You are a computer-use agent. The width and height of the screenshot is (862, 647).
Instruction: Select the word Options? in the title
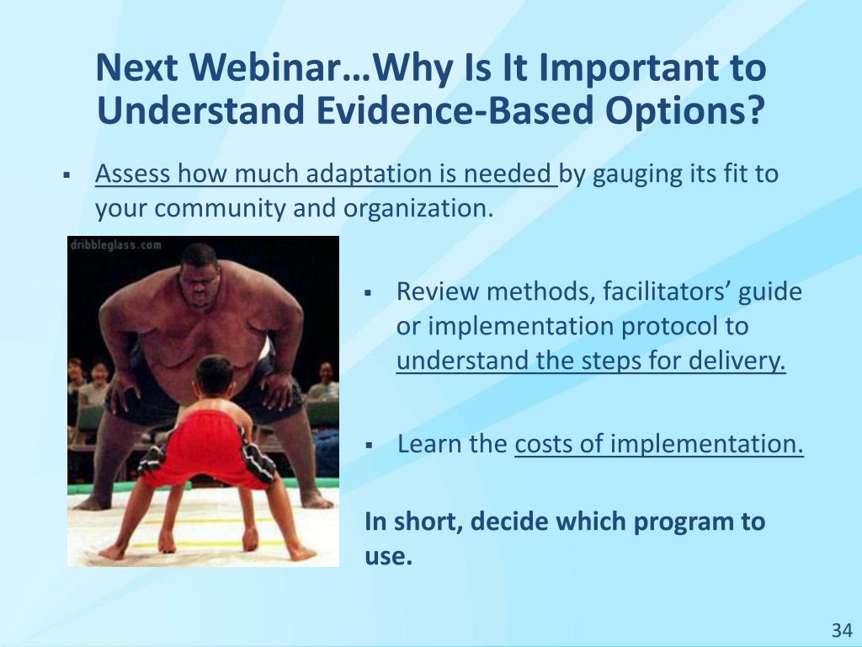click(685, 111)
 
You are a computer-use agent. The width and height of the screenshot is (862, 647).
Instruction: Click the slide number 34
click(842, 630)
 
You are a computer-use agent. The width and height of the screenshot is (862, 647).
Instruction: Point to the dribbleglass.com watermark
click(115, 245)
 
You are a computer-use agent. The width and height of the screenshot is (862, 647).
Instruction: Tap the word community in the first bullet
click(217, 209)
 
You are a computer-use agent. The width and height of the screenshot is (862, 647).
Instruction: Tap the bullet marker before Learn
click(369, 444)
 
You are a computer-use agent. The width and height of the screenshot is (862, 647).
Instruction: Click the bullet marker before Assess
click(67, 175)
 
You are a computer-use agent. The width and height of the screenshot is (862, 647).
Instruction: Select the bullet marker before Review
click(369, 292)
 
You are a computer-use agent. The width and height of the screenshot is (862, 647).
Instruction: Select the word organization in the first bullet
click(416, 209)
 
